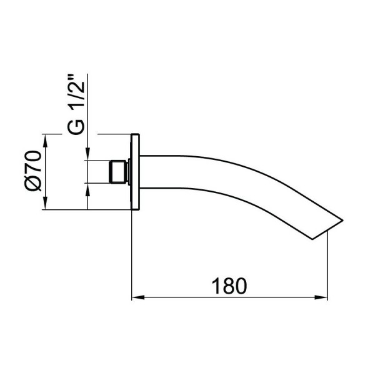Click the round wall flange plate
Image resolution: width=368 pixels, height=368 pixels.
[x=137, y=172]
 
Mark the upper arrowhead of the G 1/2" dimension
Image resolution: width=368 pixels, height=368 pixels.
[x=88, y=156]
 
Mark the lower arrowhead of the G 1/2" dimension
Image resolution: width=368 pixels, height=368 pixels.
[x=88, y=188]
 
